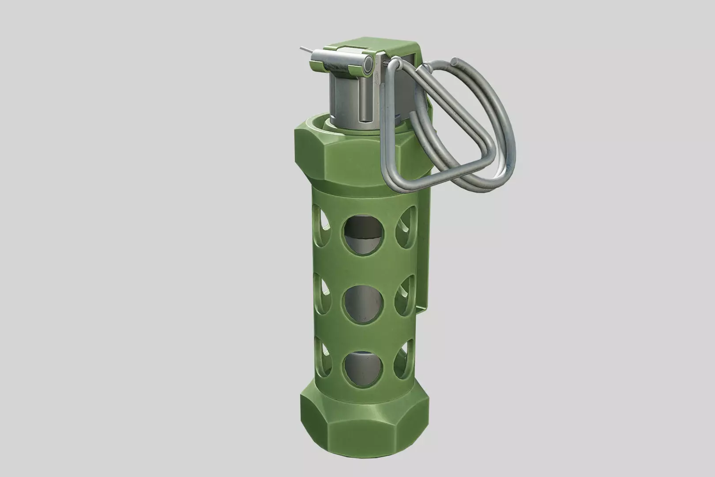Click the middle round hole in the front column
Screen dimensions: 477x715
pos(364,305)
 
